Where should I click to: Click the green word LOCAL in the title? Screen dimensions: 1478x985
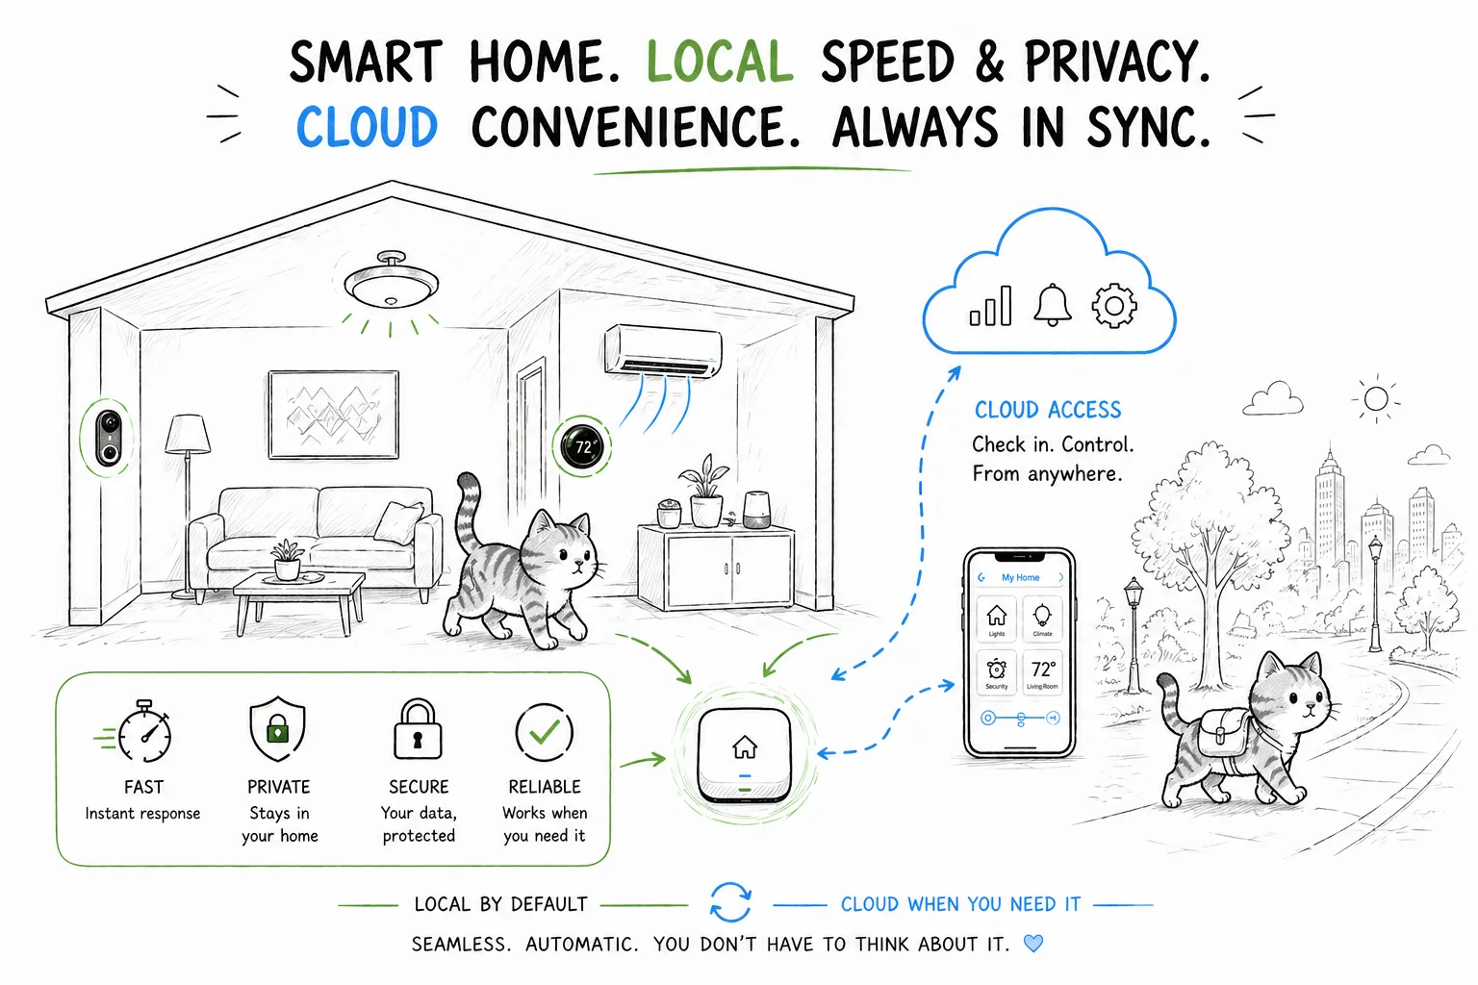click(719, 61)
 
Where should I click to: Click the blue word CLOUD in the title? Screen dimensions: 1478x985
click(367, 126)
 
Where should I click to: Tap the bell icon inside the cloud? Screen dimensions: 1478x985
click(1052, 305)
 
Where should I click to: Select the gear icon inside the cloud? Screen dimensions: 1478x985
click(1113, 306)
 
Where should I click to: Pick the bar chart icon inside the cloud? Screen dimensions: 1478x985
click(990, 306)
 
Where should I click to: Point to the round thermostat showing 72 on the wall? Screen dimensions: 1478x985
click(582, 446)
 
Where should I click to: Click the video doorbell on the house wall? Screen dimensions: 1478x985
click(109, 439)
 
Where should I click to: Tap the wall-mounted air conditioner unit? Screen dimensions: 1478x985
click(663, 350)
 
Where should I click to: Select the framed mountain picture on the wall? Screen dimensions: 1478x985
click(334, 415)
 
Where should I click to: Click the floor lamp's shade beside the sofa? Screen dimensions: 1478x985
click(188, 434)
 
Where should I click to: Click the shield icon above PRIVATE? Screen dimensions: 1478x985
click(278, 729)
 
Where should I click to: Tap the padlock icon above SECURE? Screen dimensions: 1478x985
click(418, 730)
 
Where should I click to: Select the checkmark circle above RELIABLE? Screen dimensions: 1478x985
click(545, 732)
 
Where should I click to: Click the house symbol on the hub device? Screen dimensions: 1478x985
click(745, 746)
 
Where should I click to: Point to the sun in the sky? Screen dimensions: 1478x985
click(1376, 399)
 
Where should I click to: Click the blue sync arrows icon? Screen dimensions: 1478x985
click(730, 902)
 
